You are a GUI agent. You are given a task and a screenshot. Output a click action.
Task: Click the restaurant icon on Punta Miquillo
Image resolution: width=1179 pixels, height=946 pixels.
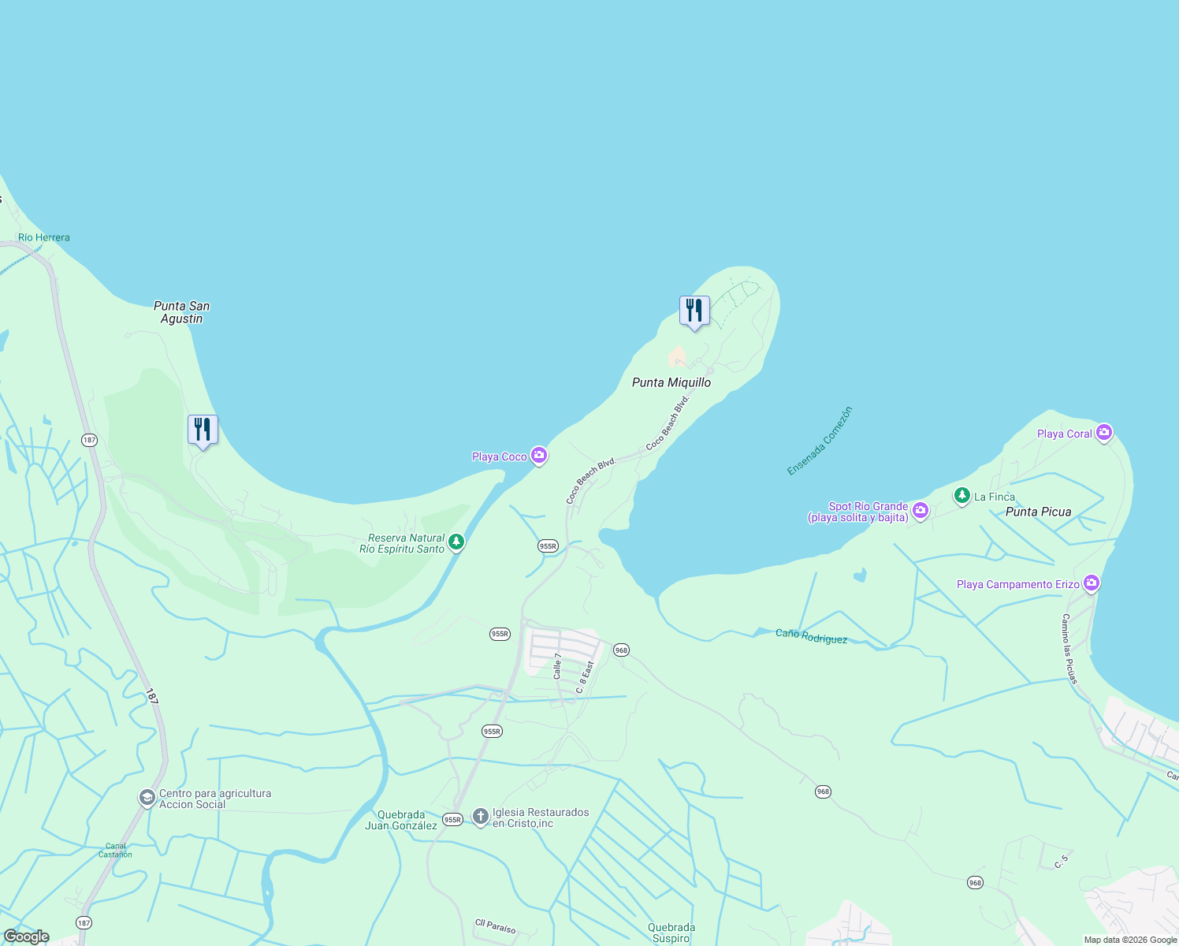[694, 311]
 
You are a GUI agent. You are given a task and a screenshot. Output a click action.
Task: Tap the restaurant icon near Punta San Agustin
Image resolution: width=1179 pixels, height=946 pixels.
[203, 430]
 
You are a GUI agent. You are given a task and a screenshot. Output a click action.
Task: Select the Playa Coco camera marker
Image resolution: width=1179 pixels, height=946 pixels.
[539, 456]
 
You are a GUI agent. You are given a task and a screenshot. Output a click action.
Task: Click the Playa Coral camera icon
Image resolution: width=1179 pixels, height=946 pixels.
[1104, 432]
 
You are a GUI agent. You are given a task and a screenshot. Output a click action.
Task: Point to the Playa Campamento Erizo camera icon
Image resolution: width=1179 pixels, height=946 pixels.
[1092, 583]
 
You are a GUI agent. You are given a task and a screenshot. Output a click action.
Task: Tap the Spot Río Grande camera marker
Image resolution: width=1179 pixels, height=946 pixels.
[921, 511]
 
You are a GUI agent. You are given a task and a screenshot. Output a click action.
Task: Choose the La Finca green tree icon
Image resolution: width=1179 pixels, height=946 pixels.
[961, 496]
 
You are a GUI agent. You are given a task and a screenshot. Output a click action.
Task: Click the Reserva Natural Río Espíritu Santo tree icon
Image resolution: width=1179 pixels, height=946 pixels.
[456, 542]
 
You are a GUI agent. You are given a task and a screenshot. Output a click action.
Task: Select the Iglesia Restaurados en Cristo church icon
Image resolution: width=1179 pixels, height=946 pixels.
[481, 817]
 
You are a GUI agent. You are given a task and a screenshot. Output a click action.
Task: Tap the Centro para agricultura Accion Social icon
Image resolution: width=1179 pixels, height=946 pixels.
[147, 798]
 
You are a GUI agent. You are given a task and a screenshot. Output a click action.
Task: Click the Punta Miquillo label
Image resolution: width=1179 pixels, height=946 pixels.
[671, 382]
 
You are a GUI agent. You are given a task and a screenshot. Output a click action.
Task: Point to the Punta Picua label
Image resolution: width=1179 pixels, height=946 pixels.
[1038, 512]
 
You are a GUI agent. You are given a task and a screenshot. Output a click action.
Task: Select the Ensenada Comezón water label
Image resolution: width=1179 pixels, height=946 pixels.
[820, 441]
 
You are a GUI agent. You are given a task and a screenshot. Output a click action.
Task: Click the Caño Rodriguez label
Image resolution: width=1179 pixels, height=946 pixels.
[811, 636]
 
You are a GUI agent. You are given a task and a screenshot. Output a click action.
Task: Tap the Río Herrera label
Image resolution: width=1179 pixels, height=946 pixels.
[44, 237]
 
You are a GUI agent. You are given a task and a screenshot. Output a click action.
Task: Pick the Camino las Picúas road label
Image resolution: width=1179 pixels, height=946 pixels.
[1069, 648]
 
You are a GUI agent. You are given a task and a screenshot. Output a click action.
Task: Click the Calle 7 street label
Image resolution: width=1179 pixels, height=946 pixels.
[557, 666]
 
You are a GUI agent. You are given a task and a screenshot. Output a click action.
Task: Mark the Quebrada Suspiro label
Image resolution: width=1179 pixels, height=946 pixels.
[671, 933]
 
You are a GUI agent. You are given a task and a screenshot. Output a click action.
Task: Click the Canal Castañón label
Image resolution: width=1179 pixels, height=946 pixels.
[116, 850]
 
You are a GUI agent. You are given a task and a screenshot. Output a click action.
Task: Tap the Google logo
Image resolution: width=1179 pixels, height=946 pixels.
[27, 937]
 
